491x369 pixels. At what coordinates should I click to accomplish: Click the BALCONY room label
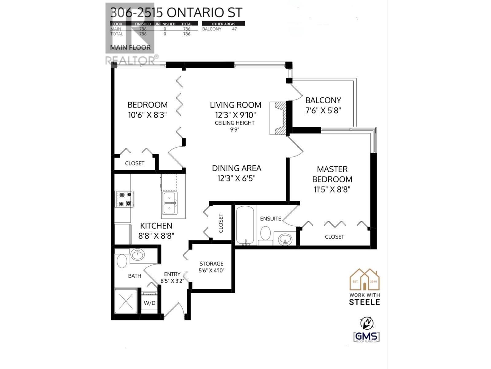click(323, 100)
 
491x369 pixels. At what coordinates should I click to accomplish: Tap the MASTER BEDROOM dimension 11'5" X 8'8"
click(332, 189)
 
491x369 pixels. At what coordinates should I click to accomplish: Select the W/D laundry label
click(149, 303)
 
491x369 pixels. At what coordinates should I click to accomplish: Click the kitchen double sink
click(169, 203)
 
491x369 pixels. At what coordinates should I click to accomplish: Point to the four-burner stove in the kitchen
click(125, 199)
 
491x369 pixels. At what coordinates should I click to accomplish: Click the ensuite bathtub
click(245, 225)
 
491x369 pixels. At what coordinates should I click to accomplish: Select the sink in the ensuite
click(286, 239)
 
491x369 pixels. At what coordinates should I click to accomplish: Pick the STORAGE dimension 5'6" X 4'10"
click(211, 271)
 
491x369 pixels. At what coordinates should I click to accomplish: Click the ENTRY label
click(172, 274)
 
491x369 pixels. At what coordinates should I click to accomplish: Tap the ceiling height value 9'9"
click(234, 129)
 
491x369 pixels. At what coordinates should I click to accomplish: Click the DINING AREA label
click(237, 168)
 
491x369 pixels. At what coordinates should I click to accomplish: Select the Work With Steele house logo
click(365, 280)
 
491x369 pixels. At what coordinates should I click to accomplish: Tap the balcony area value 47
click(234, 29)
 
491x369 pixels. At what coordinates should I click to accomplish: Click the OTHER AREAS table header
click(223, 24)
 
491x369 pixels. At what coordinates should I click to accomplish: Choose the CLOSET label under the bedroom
click(135, 163)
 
